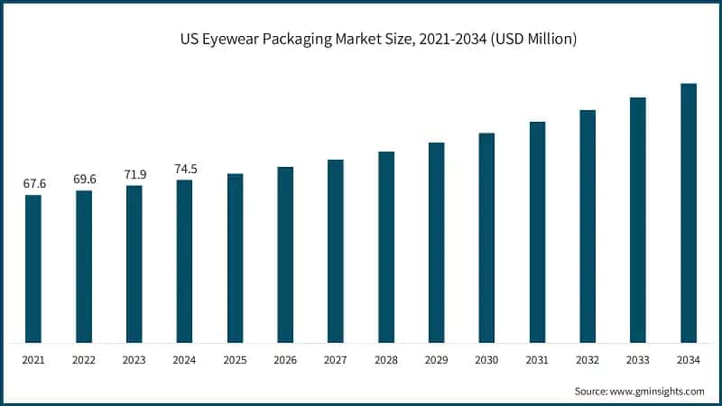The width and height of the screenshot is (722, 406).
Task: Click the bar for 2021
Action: click(33, 269)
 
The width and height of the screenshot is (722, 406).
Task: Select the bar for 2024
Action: click(184, 262)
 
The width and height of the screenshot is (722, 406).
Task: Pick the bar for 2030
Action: click(486, 238)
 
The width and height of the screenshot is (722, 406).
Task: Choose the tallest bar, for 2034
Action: click(689, 213)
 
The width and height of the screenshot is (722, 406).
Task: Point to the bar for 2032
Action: click(588, 226)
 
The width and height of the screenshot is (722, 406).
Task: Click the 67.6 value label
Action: click(34, 184)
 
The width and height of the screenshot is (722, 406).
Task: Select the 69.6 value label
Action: click(85, 180)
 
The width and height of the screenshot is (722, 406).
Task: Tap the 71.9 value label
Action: click(134, 174)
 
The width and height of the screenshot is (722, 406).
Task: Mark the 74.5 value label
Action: click(185, 169)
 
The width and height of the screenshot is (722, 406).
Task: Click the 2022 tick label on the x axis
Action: click(84, 360)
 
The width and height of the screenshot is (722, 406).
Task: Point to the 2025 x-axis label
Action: click(235, 360)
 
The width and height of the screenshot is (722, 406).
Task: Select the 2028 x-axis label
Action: click(386, 360)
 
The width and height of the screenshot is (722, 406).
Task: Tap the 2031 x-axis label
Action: click(537, 360)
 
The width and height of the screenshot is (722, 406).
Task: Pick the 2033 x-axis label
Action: click(638, 360)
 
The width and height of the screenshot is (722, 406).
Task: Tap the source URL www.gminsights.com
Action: click(657, 391)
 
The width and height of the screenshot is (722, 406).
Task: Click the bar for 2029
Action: click(437, 243)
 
